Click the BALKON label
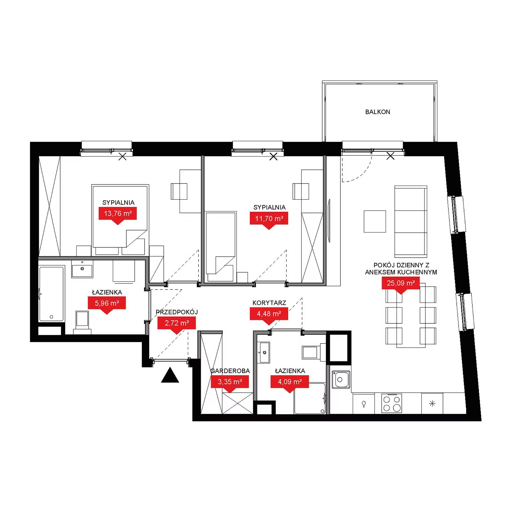pos(378,112)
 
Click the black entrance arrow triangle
pos(170,376)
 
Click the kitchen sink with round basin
pos(341,379)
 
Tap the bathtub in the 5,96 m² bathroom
pos(52,294)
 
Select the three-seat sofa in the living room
pos(411,222)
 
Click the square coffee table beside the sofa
pos(375,221)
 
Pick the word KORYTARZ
pos(269,303)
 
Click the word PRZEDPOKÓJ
pos(177,312)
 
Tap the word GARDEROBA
pos(230,371)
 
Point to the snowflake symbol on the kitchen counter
pos(432,404)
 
